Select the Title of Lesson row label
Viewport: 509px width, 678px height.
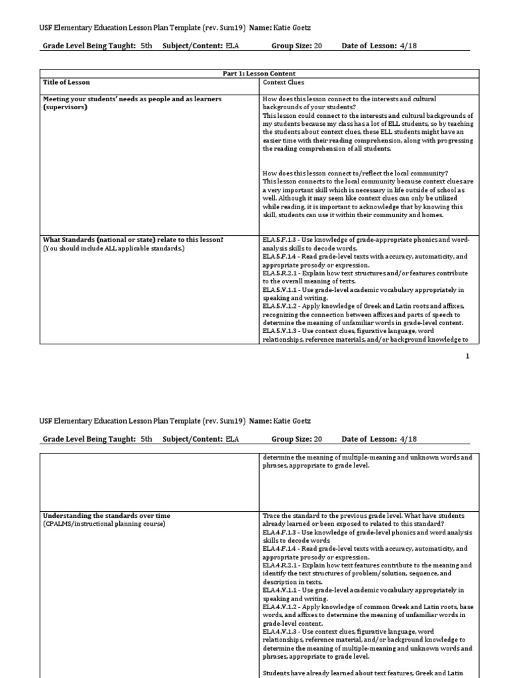(66, 82)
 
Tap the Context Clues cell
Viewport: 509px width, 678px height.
(284, 82)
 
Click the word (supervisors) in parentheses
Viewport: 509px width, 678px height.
(65, 107)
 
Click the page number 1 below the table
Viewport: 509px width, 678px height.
(467, 356)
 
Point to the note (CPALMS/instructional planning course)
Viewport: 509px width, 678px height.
(104, 523)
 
